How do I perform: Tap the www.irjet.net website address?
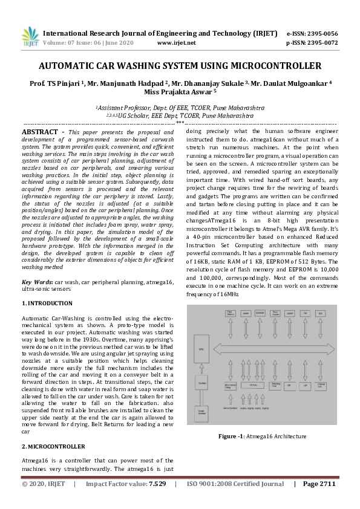tap(176, 43)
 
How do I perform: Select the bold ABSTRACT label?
tap(41, 131)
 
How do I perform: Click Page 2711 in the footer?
tap(319, 484)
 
